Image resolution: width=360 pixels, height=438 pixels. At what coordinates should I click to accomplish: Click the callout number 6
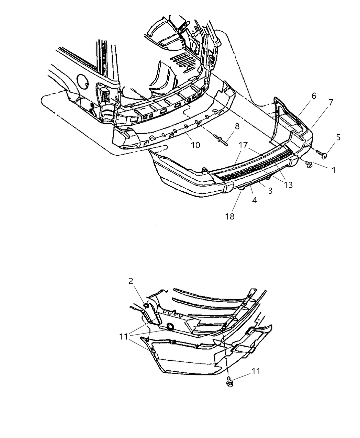314,96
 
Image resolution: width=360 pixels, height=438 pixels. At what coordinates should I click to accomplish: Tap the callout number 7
330,102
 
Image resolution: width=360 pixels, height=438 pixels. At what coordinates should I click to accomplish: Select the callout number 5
338,137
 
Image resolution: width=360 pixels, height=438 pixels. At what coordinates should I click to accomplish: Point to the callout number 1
333,170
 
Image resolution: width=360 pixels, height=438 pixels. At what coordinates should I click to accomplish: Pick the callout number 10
195,145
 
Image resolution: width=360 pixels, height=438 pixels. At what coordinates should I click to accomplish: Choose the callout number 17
243,145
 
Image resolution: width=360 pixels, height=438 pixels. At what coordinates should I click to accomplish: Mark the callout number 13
288,185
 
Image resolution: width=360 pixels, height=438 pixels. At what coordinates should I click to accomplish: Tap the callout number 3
270,191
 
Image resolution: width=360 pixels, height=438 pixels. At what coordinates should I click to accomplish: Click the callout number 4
254,200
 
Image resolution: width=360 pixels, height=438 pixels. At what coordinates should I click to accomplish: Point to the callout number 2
131,281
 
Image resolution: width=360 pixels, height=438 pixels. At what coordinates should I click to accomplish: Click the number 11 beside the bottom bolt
256,371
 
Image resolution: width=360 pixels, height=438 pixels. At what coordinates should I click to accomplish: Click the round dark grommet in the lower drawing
170,326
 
